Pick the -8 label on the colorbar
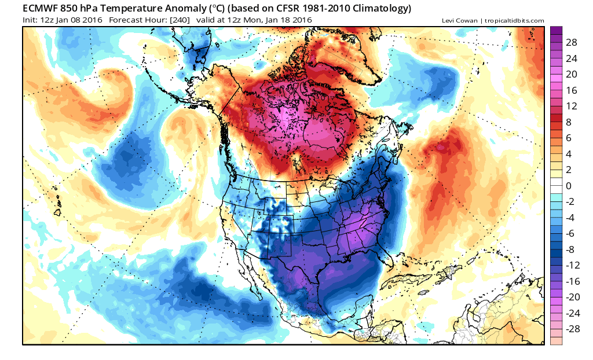click(572, 249)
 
